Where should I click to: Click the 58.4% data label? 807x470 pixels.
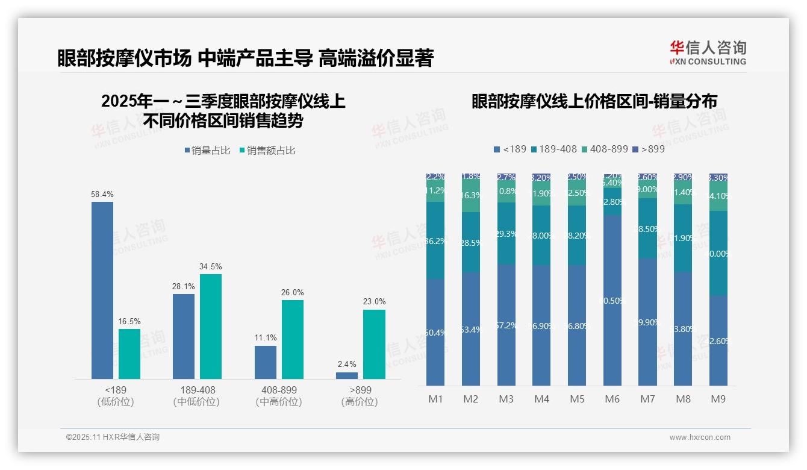(102, 195)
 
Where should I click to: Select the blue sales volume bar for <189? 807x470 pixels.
(102, 290)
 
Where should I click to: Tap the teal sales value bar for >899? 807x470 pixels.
(374, 344)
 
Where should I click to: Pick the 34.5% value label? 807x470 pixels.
(211, 267)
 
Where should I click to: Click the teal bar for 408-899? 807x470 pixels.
(293, 339)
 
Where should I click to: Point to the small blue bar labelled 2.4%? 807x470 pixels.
(347, 375)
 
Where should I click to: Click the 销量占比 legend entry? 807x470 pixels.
(208, 151)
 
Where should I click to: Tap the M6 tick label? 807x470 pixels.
(612, 399)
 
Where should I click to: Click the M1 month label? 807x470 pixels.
(435, 399)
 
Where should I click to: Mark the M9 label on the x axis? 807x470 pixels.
(718, 399)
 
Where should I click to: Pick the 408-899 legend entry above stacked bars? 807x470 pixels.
(605, 149)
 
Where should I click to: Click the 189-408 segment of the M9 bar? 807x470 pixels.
(718, 253)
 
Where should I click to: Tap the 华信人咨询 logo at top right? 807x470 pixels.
(708, 52)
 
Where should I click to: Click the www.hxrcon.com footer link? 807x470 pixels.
(700, 437)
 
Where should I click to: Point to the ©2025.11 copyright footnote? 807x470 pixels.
(113, 437)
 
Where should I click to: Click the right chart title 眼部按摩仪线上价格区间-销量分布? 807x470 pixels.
(594, 102)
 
